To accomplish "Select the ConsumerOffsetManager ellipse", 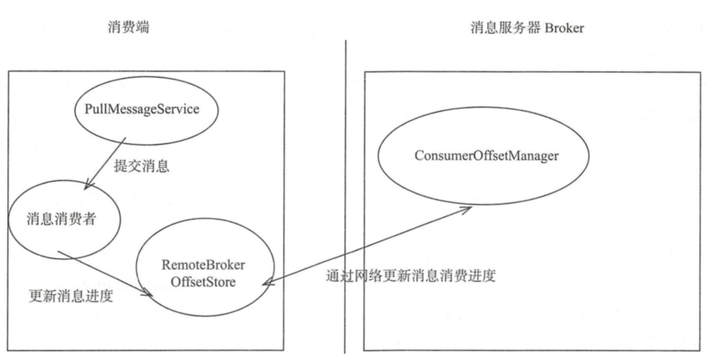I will click(x=486, y=156).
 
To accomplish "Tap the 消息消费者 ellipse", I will click(x=63, y=220).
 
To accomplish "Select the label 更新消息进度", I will click(x=71, y=295).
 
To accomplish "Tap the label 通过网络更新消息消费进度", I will click(x=411, y=275).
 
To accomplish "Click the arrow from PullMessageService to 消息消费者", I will click(x=106, y=163).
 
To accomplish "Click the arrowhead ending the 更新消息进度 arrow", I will click(x=148, y=295).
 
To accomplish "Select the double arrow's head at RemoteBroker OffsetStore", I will click(x=266, y=282).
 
